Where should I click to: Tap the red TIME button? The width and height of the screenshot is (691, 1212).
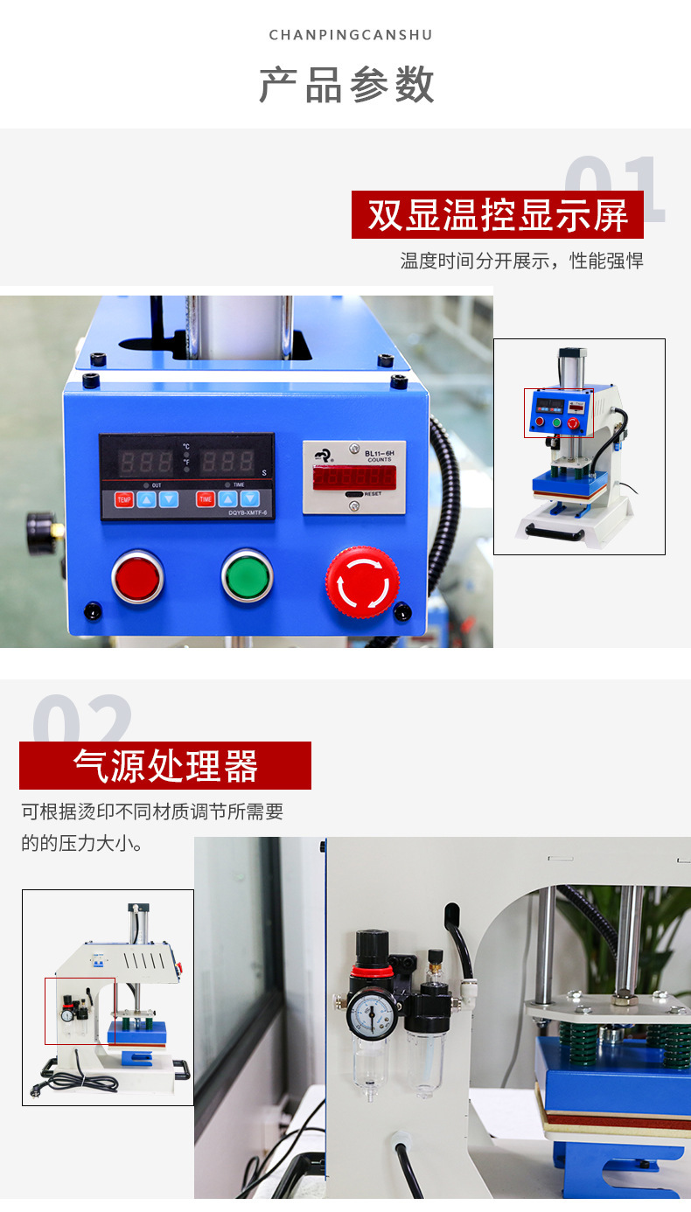click(x=206, y=499)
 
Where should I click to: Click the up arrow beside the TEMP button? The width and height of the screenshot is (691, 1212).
click(x=146, y=499)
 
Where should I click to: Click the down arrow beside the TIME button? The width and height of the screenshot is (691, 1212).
click(x=250, y=499)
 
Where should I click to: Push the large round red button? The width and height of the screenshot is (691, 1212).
click(x=137, y=577)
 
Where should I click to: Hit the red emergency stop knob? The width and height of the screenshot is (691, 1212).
click(x=362, y=581)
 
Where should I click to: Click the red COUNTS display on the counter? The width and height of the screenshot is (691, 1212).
click(x=354, y=477)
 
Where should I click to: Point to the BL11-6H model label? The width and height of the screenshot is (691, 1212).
click(x=379, y=452)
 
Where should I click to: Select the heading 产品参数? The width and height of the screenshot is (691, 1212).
click(x=346, y=85)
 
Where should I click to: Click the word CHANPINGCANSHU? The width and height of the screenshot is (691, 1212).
click(x=351, y=35)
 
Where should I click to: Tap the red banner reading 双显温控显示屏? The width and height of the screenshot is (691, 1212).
click(x=497, y=215)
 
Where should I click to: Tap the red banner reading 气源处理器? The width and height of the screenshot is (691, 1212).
click(x=165, y=766)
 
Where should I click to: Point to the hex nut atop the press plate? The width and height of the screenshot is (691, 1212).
click(x=625, y=997)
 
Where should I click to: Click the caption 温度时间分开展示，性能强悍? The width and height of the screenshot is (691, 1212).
click(x=521, y=261)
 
